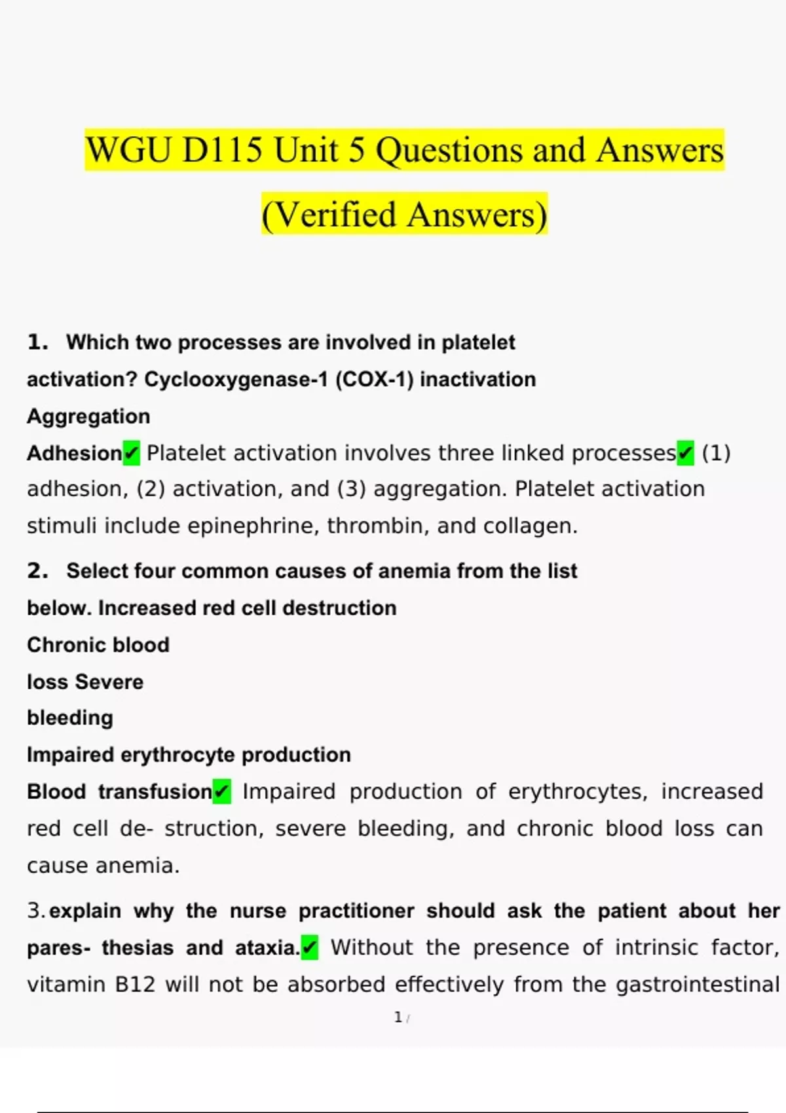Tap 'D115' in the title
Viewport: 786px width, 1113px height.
(222, 150)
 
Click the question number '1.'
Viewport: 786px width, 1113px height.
(37, 342)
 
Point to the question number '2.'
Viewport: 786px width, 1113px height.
(37, 570)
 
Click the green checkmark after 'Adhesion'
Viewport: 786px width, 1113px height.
(132, 453)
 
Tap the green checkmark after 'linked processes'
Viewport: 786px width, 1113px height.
(685, 453)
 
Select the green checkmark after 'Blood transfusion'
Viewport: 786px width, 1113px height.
(222, 792)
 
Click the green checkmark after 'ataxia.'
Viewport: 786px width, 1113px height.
(310, 947)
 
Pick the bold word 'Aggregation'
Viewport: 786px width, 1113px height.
(88, 416)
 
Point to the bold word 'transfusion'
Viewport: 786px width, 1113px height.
(155, 792)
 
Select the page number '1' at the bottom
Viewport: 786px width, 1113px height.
(398, 1017)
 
